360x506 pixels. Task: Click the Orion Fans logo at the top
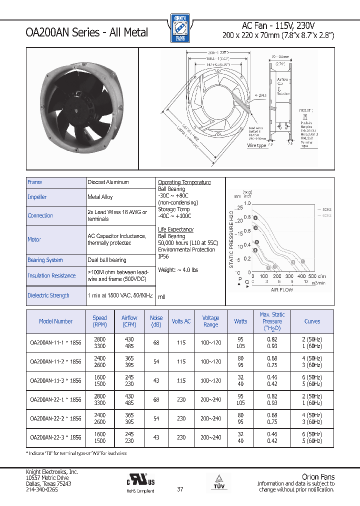(179, 27)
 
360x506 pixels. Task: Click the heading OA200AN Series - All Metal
(86, 32)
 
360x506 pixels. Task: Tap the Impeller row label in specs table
(37, 197)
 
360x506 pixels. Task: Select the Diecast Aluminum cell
(108, 182)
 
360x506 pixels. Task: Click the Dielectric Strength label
(48, 295)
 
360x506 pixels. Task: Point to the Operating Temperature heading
(184, 182)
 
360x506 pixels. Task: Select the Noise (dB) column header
(156, 321)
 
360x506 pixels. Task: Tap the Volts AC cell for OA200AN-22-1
(181, 399)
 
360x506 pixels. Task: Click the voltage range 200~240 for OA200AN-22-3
(210, 437)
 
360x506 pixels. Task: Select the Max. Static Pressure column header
(272, 321)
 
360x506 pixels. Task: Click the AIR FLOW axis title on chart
(282, 289)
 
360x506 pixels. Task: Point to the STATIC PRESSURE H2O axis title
(231, 239)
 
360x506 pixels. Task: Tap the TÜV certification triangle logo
(220, 479)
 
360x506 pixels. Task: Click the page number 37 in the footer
(180, 489)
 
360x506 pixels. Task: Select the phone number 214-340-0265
(42, 489)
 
